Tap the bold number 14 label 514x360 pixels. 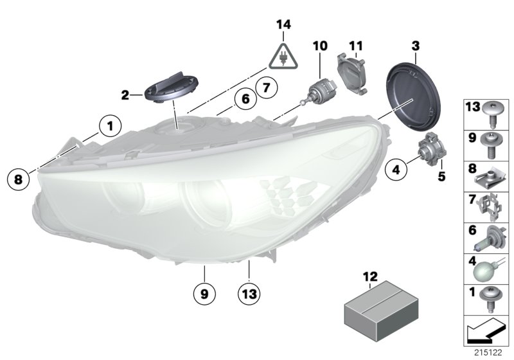283,25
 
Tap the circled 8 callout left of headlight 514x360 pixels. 18,179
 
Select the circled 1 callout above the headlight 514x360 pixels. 110,126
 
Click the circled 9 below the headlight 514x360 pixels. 204,294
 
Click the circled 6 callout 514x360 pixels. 244,100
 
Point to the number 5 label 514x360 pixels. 442,175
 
